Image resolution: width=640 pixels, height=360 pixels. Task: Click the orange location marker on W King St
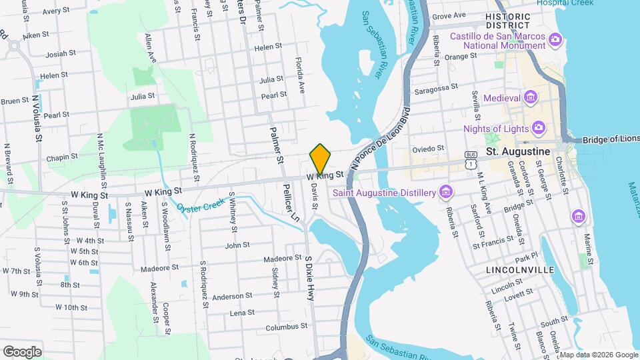321,158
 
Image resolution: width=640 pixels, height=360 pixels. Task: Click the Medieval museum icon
531,99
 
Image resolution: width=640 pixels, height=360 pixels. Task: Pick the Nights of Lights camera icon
539,127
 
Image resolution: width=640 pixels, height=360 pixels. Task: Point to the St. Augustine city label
519,151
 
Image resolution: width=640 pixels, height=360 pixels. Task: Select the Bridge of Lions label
610,139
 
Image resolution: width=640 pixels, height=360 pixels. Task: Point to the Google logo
22,351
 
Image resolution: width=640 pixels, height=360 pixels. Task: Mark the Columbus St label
285,327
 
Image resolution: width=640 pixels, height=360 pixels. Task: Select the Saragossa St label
435,87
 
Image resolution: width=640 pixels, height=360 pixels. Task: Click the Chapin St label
62,158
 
